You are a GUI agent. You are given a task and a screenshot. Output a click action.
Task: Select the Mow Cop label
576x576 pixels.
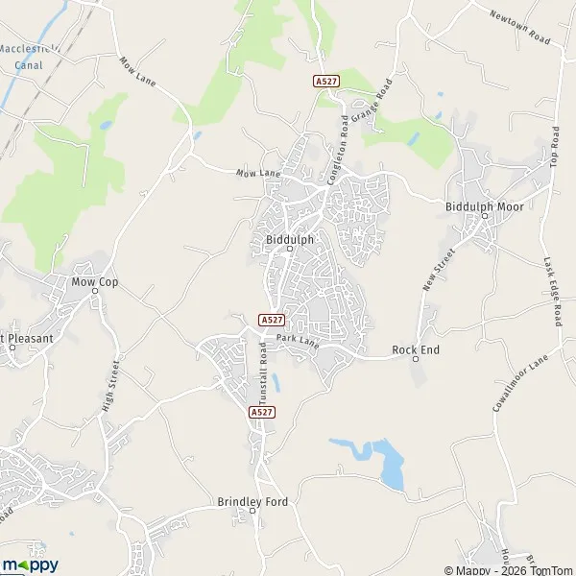95,282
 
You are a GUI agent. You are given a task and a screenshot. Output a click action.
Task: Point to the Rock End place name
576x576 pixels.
416,349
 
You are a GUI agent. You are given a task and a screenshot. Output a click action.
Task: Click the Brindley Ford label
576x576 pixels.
252,501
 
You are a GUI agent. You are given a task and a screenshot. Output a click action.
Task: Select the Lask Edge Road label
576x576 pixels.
550,291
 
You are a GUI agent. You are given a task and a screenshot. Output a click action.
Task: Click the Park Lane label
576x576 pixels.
297,339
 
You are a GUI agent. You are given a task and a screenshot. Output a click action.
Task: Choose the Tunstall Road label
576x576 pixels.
260,368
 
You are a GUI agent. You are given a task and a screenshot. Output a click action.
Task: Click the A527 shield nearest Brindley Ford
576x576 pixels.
261,412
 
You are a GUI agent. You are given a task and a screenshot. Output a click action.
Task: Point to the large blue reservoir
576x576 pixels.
391,463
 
